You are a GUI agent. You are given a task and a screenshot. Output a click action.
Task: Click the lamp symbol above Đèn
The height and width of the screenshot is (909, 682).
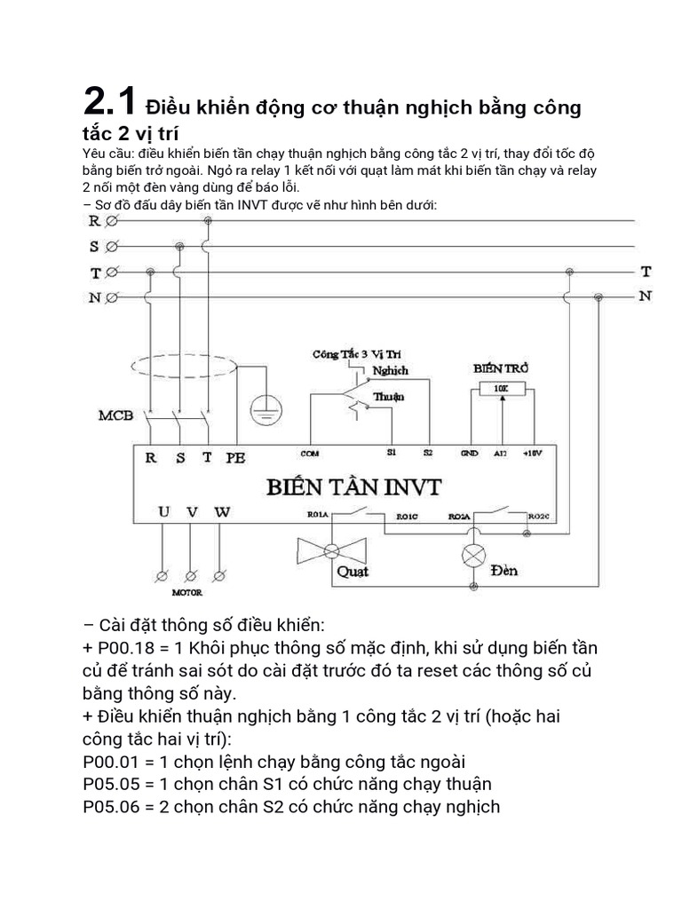tap(471, 555)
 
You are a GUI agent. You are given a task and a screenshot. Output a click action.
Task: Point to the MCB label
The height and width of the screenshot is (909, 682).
tap(115, 415)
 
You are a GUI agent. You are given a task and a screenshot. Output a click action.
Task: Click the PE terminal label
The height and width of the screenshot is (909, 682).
tap(235, 458)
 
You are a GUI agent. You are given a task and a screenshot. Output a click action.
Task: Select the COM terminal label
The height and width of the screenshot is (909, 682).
tap(310, 453)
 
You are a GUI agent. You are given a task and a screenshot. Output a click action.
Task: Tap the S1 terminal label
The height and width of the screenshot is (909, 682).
tap(392, 453)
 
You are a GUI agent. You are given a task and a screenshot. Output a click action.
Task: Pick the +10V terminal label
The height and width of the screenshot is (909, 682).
tap(532, 453)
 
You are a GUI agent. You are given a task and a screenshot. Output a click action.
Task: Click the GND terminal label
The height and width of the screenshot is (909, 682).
tap(469, 453)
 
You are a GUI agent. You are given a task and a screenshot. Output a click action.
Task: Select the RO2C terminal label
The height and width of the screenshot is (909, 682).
tap(538, 516)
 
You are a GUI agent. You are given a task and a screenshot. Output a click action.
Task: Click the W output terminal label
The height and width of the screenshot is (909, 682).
tap(222, 512)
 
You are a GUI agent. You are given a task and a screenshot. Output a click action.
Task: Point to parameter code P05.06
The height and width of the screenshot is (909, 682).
tap(112, 807)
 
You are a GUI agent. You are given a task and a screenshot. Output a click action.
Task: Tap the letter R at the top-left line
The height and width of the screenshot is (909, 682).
tap(95, 222)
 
